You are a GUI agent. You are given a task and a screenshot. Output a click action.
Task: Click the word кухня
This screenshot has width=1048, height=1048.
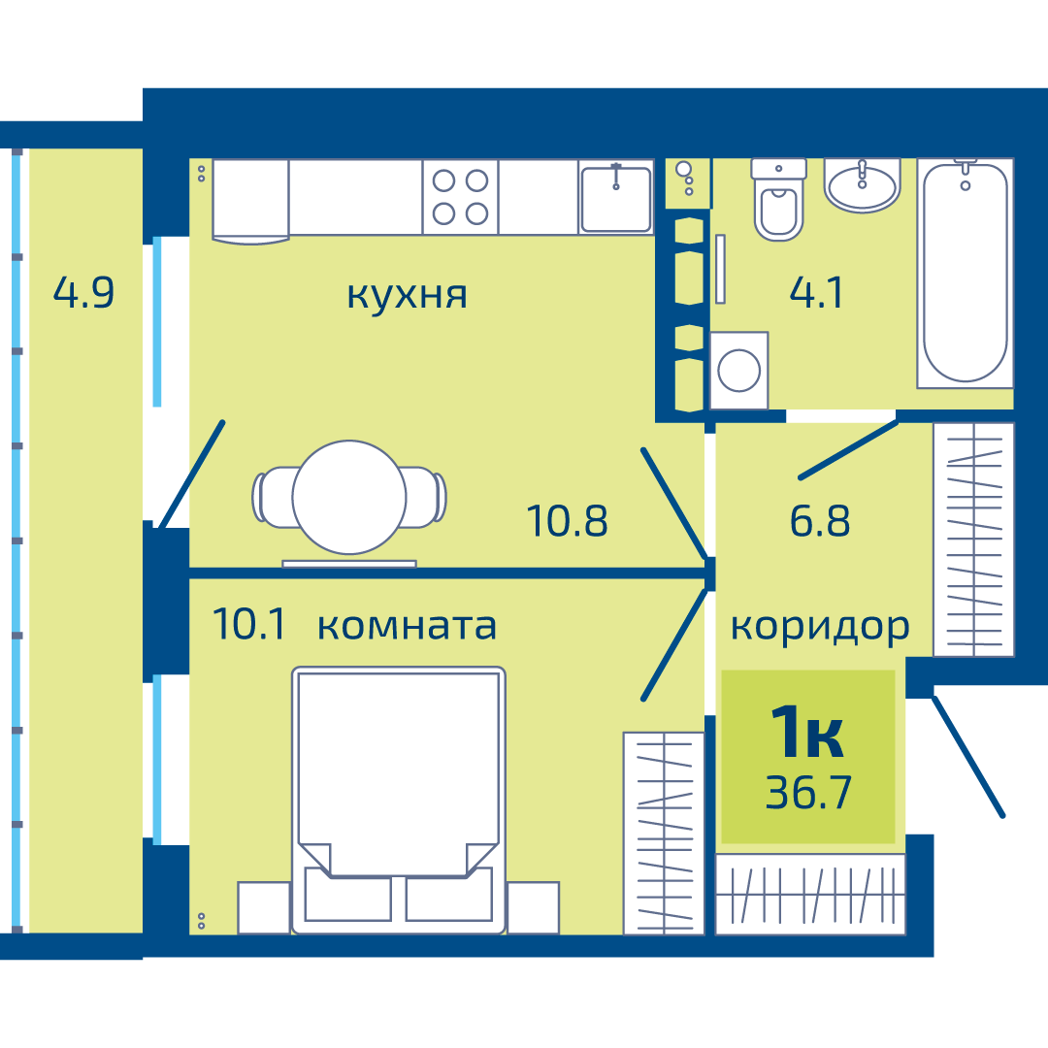pyautogui.click(x=407, y=295)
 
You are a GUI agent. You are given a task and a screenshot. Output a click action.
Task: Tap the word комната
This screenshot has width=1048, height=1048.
pyautogui.click(x=407, y=626)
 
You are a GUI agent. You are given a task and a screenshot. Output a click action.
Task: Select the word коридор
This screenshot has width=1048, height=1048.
pyautogui.click(x=820, y=628)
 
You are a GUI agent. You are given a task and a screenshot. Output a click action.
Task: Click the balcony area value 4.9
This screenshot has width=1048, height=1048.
pyautogui.click(x=83, y=292)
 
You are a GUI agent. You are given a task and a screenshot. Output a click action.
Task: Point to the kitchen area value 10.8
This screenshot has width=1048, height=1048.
pyautogui.click(x=568, y=521)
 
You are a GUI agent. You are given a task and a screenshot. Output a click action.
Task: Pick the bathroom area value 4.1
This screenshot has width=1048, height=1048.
pyautogui.click(x=816, y=292)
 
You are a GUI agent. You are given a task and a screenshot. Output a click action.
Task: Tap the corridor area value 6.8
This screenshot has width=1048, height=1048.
pyautogui.click(x=820, y=521)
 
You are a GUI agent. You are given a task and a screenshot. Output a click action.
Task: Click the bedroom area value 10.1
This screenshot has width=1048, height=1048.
pyautogui.click(x=248, y=624)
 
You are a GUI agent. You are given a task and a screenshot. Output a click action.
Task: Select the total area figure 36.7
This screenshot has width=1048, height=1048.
pyautogui.click(x=808, y=793)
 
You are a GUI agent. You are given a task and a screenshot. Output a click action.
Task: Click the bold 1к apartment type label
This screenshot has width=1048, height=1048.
pyautogui.click(x=807, y=733)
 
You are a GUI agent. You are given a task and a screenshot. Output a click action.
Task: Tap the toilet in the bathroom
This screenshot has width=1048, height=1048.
pyautogui.click(x=778, y=199)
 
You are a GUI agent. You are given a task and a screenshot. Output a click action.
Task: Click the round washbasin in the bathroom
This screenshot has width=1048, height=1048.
pyautogui.click(x=863, y=185)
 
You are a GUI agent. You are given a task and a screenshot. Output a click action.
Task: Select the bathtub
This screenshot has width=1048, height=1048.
pyautogui.click(x=966, y=273)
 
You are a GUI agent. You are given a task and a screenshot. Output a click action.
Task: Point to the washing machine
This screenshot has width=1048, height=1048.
pyautogui.click(x=738, y=371)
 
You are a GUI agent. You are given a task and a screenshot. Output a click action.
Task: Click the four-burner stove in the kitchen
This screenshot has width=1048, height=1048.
pyautogui.click(x=461, y=197)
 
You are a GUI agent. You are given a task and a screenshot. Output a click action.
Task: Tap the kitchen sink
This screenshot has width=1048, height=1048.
pyautogui.click(x=615, y=197)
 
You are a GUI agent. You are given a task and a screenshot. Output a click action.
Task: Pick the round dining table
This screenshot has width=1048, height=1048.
pyautogui.click(x=349, y=497)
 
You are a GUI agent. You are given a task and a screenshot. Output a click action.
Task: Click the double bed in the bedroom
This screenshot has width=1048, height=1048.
pyautogui.click(x=399, y=800)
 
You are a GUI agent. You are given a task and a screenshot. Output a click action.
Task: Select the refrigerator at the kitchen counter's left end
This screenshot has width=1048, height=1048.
pyautogui.click(x=250, y=201)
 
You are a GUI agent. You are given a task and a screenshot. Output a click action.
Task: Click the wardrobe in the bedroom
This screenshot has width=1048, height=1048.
pyautogui.click(x=664, y=833)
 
